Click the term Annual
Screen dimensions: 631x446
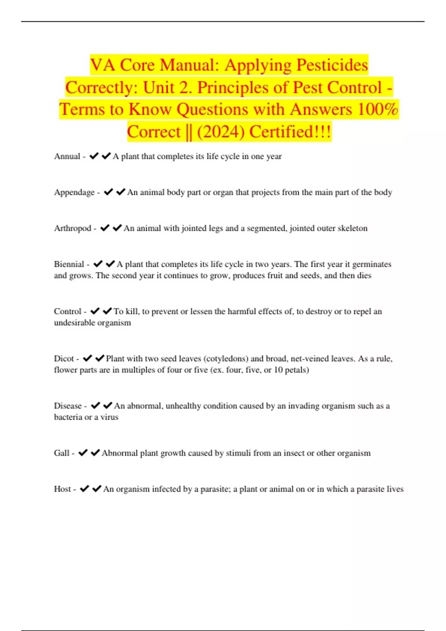pyautogui.click(x=67, y=156)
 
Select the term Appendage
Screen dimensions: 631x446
pyautogui.click(x=74, y=192)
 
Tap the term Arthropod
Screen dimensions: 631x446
pyautogui.click(x=72, y=228)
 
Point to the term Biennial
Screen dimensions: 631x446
pyautogui.click(x=69, y=264)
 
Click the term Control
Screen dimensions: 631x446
pyautogui.click(x=67, y=311)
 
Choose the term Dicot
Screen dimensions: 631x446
pyautogui.click(x=64, y=359)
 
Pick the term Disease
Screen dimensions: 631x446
pyautogui.click(x=68, y=406)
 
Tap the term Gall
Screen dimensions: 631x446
pyautogui.click(x=62, y=453)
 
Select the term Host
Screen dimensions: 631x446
pyautogui.click(x=62, y=489)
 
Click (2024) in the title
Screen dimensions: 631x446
pyautogui.click(x=221, y=132)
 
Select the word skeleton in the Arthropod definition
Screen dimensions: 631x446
pyautogui.click(x=352, y=228)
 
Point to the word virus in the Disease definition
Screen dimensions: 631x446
pyautogui.click(x=109, y=417)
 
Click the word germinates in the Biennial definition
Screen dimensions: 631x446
pyautogui.click(x=372, y=264)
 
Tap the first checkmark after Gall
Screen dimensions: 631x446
pyautogui.click(x=83, y=452)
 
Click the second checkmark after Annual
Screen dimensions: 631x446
pyautogui.click(x=106, y=156)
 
